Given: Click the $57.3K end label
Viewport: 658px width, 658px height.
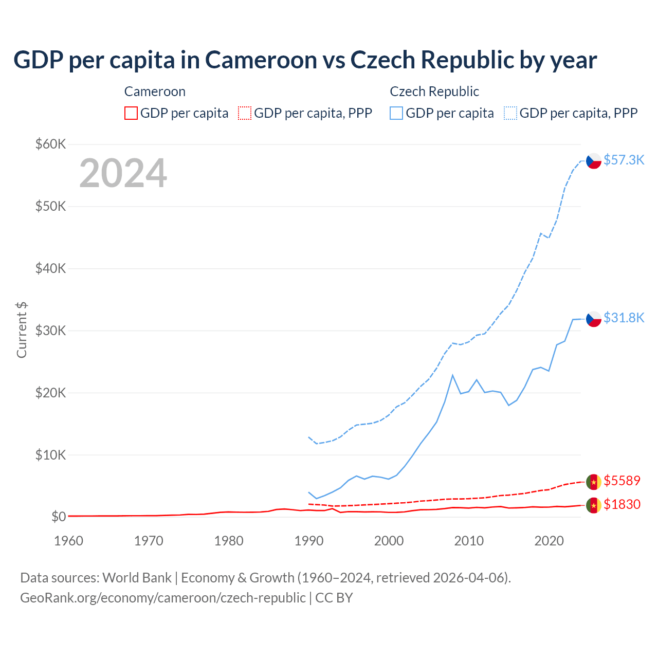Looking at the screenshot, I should pos(624,160).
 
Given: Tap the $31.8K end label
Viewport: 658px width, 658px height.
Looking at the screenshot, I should pos(624,318).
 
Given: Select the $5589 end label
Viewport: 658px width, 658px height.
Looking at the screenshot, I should pos(622,481).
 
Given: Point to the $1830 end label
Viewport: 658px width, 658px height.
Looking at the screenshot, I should pos(622,504).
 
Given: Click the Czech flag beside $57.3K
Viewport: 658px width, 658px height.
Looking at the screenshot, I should pos(594,161).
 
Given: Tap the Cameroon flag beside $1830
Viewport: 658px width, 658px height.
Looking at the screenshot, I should pos(594,505).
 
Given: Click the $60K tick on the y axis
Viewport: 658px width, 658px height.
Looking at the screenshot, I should pos(50,144).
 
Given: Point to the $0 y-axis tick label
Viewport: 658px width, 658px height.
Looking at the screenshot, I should pos(59,517).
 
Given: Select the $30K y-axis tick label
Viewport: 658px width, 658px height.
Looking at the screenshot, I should pos(50,331).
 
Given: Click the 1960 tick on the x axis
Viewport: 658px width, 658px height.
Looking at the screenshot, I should pos(68,541).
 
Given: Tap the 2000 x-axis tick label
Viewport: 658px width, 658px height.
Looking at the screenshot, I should pos(389,541).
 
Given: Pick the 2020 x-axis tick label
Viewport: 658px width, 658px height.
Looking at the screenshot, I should pos(549,541).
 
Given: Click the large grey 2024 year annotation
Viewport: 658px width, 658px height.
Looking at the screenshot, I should pos(123,173).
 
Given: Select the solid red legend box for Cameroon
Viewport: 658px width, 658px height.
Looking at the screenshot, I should pos(131,113).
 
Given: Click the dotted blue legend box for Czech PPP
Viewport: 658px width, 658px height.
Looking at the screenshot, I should pos(510,113).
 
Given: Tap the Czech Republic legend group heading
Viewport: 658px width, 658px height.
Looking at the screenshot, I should pos(434,92).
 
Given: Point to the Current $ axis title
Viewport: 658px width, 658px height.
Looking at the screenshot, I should pos(22,330).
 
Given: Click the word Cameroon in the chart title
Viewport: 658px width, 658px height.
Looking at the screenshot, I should pos(261,60).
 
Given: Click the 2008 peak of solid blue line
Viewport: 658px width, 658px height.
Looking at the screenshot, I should pos(452,375).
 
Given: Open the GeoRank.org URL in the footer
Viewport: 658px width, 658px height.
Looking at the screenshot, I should pos(163,598).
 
